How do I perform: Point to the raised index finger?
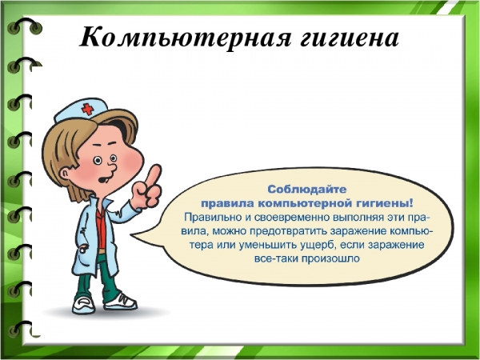(154, 174)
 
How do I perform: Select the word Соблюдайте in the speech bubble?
(306, 190)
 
